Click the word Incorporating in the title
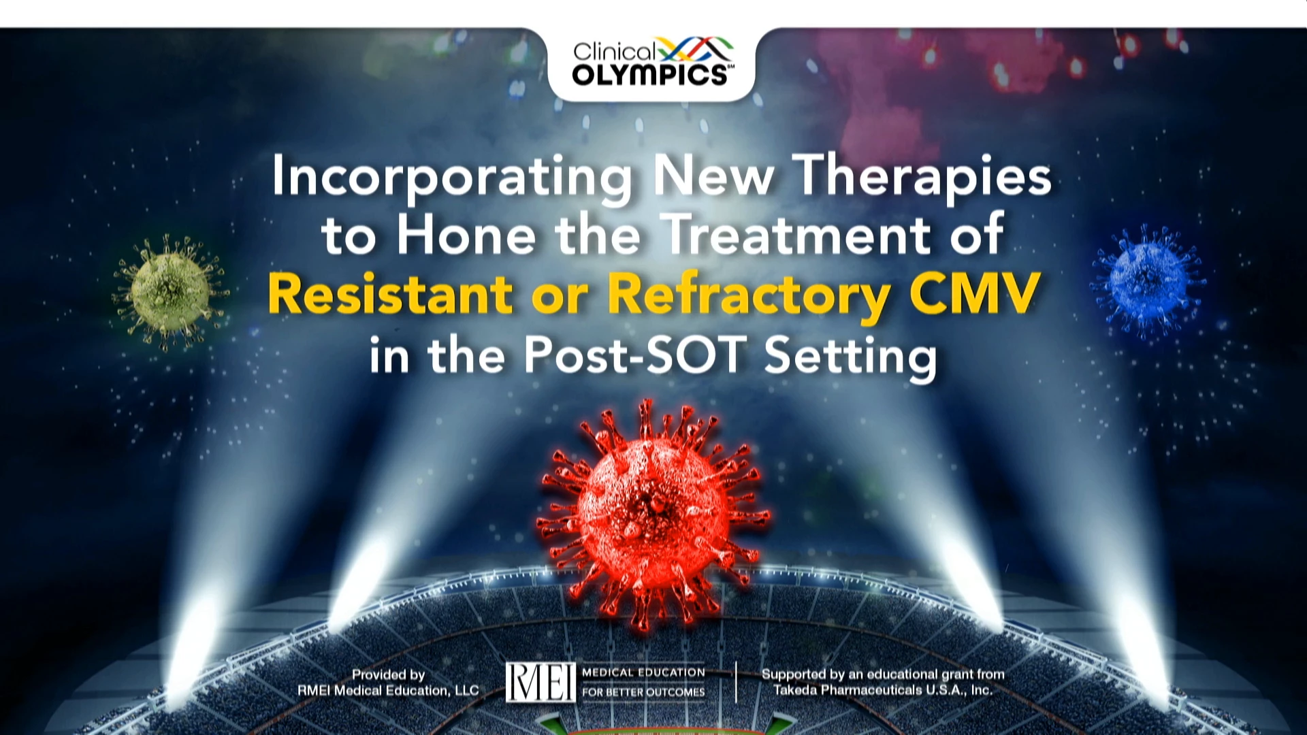pos(453,178)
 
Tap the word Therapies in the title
pos(922,178)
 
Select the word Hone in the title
pos(466,235)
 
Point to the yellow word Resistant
pos(391,294)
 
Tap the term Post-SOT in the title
pos(634,355)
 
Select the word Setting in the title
pos(851,357)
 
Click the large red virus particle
pos(652,513)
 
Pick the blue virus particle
pos(1148,280)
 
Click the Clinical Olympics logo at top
pos(652,63)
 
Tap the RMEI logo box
pos(540,682)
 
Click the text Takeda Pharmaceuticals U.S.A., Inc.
pos(883,690)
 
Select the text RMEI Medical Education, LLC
pos(388,690)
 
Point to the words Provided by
pos(388,674)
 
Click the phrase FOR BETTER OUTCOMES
pos(643,692)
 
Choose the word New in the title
pos(713,178)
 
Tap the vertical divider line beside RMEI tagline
pos(736,681)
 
